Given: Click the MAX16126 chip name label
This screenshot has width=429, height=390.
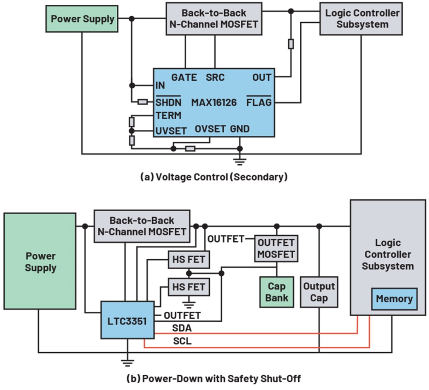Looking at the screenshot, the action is tap(214, 102).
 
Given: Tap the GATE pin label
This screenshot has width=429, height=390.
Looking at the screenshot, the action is tap(184, 77).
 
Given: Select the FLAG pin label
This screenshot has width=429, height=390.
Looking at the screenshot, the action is tap(259, 102).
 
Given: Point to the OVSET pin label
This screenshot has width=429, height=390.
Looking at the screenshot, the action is tap(210, 129).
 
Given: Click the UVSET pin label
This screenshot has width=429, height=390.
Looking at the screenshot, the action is tap(171, 131).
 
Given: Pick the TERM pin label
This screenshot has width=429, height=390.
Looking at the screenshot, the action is tap(168, 116).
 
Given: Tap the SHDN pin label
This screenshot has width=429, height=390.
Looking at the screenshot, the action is tap(168, 102).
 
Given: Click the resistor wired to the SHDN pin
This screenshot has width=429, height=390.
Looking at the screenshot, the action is tap(143, 102).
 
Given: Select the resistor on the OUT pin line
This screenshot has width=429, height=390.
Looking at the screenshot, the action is tap(291, 44).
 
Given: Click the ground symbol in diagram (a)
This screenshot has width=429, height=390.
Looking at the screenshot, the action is tap(240, 161).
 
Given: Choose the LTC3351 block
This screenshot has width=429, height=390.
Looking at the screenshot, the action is tap(128, 320).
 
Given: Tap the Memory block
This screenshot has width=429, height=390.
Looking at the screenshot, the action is tap(394, 299).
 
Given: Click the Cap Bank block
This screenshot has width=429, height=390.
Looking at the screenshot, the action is tap(276, 292).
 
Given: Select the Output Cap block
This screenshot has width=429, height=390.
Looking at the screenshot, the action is tap(319, 292).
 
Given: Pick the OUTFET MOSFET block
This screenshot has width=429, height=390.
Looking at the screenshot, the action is tap(276, 248).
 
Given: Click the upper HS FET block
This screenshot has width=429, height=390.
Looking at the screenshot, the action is tap(189, 259).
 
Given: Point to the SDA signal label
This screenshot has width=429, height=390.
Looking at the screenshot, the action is tap(182, 328).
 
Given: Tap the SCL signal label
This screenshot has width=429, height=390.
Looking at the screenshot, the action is tap(182, 341).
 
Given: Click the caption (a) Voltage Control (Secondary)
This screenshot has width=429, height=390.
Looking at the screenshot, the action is tap(214, 177).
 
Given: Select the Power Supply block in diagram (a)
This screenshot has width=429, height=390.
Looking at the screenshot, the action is tap(82, 19).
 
